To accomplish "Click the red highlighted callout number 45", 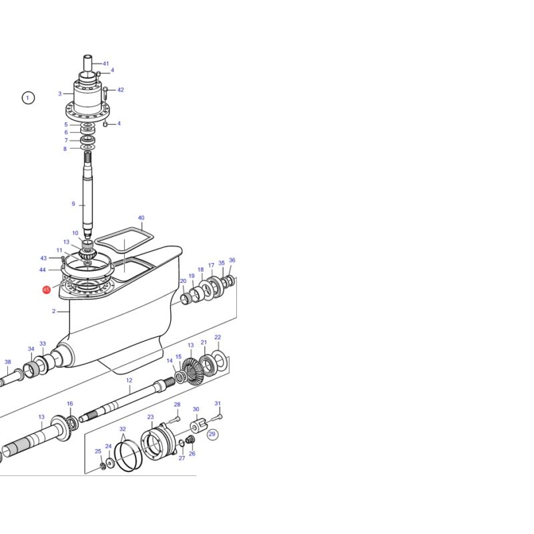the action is [x=46, y=290].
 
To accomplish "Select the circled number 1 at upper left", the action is [x=28, y=98].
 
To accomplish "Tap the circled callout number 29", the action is [x=212, y=434].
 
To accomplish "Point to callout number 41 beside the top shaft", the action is [x=106, y=63].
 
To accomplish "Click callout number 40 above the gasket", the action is [x=141, y=218].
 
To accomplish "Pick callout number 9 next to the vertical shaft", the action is [x=73, y=204].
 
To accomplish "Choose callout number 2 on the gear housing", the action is [x=54, y=311].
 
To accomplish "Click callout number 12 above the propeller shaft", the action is [x=129, y=380].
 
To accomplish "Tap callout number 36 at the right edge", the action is [x=232, y=260].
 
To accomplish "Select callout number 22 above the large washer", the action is [x=218, y=337].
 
